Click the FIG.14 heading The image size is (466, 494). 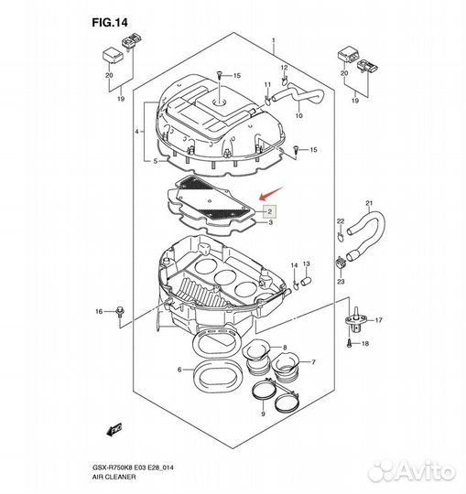[x=110, y=23]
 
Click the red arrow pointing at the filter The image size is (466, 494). [x=271, y=193]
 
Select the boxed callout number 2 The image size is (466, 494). [x=269, y=211]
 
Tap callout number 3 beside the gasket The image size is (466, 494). [x=270, y=222]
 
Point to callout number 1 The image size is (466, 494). [x=274, y=40]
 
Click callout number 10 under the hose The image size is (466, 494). [x=298, y=115]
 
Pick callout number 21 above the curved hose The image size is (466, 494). [x=369, y=203]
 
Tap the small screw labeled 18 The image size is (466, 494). [x=350, y=343]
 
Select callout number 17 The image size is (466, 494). [x=379, y=320]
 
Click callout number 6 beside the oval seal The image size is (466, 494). [x=179, y=370]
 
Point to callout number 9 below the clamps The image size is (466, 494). [x=263, y=413]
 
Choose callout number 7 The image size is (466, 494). [x=313, y=362]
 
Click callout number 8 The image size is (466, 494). [x=285, y=348]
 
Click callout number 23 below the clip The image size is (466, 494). [x=341, y=282]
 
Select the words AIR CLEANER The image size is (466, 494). [x=114, y=477]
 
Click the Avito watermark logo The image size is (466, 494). [x=411, y=471]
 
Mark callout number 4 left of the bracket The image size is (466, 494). [x=137, y=132]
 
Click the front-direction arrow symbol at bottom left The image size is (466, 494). [x=114, y=429]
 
